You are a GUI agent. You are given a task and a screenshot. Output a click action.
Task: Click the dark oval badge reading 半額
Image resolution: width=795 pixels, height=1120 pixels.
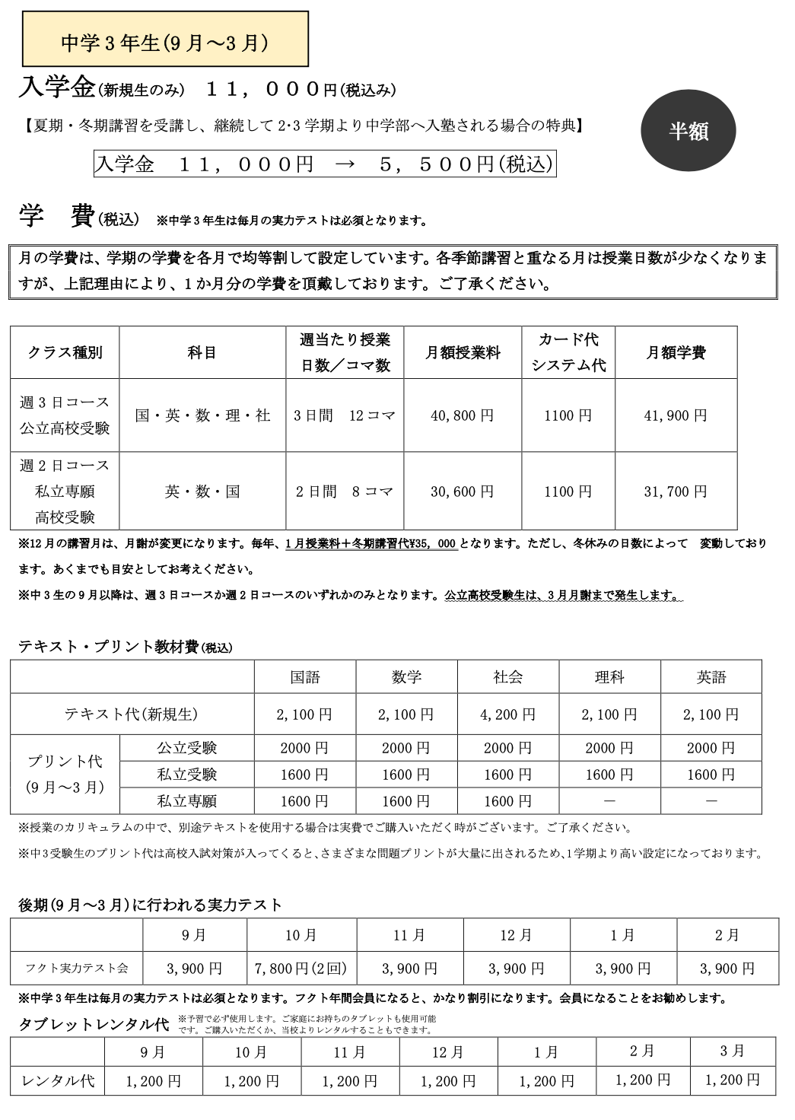point(688,132)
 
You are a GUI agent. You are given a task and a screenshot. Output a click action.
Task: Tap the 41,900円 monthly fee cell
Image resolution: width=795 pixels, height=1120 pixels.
point(676,415)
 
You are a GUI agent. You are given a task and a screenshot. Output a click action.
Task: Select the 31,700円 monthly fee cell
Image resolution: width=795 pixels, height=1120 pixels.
point(676,492)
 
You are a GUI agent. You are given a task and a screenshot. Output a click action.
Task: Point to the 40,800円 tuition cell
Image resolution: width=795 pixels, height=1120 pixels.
point(462,415)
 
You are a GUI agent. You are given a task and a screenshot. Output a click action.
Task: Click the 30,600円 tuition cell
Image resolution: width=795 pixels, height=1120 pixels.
point(462,492)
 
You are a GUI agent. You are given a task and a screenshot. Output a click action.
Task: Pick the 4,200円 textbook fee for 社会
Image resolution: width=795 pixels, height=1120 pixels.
point(507,714)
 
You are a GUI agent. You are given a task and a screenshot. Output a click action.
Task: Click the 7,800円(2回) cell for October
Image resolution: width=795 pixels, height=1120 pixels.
point(301,969)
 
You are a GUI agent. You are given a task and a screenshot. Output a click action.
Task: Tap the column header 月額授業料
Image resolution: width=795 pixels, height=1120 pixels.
point(462,352)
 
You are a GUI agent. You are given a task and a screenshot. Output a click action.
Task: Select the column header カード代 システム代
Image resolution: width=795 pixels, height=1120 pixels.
point(568,352)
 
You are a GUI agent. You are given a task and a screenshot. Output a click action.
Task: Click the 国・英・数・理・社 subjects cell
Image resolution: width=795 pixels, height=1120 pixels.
point(202,415)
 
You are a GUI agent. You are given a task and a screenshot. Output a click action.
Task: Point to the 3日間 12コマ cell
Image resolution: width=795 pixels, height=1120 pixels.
point(345,415)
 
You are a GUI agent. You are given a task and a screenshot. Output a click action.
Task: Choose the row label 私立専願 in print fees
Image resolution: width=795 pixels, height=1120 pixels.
point(186,801)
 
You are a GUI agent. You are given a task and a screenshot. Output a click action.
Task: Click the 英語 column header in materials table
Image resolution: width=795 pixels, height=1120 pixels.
point(711,677)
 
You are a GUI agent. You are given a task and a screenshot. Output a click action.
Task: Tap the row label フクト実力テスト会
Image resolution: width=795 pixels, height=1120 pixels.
point(76,969)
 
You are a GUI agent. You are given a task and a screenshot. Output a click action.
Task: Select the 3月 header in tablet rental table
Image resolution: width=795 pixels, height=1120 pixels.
point(732,1052)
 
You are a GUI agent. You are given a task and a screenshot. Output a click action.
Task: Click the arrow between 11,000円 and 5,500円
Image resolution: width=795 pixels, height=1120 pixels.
point(345,165)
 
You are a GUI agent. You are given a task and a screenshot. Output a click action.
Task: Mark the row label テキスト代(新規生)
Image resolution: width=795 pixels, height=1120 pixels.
point(131,714)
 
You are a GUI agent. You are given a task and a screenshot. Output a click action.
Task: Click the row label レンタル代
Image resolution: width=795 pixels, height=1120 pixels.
point(58,1080)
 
